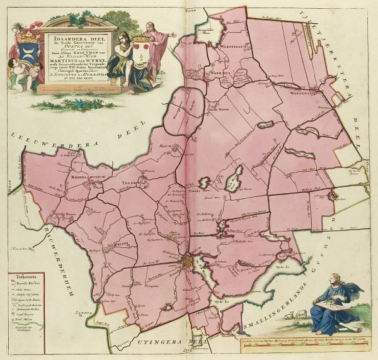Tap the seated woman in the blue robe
[x=334, y=305]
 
